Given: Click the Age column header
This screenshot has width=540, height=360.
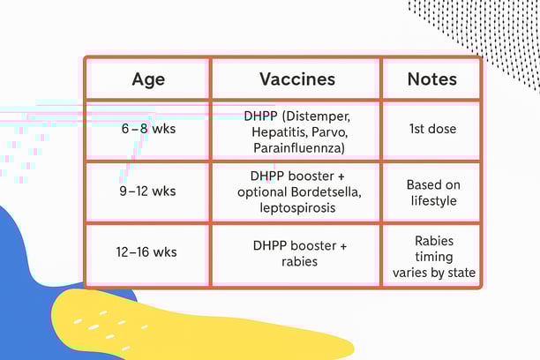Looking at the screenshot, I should (148, 79).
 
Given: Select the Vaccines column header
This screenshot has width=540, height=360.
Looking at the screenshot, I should (296, 79).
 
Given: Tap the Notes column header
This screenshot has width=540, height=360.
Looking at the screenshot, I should (431, 79).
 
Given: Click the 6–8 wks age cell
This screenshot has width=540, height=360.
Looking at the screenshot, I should (148, 129).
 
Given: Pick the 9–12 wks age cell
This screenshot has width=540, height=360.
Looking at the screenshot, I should (148, 191).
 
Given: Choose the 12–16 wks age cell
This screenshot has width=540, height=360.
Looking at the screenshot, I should (148, 252).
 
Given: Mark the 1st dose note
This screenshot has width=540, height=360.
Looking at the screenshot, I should (431, 129).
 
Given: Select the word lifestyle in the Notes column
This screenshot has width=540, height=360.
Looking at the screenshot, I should (431, 200).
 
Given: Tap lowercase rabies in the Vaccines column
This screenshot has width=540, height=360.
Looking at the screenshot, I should (296, 260).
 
